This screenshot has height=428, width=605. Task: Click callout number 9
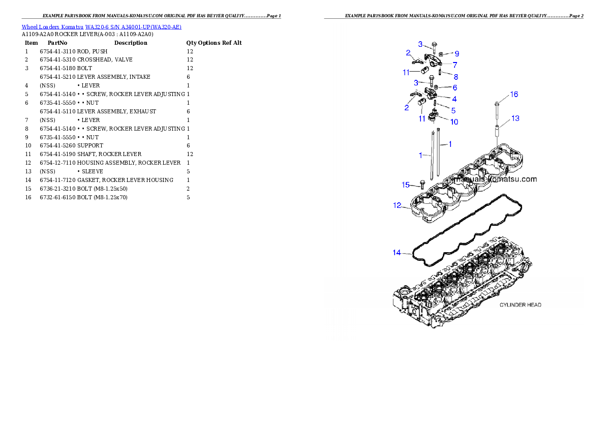coord(457,53)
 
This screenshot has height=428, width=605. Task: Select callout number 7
coord(455,65)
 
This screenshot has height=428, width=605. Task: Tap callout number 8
coord(456,77)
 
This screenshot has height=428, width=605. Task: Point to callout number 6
coord(455,87)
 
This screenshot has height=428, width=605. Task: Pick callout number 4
coord(454,99)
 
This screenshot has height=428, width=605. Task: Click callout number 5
coord(453,110)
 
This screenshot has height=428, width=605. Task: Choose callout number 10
coord(454,122)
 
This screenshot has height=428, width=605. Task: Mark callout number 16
coord(514,95)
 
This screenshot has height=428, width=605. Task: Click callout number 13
coord(515,118)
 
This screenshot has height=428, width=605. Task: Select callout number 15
coord(406,185)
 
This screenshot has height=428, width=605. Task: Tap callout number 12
coord(397,206)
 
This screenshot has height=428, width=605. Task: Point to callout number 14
coord(397,253)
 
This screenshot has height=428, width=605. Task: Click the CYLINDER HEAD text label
coord(520,305)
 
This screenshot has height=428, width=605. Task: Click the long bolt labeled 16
coord(497,112)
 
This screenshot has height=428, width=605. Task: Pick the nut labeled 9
coord(442,53)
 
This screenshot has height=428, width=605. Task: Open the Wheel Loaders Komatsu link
coord(41,27)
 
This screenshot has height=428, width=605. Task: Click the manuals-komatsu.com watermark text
coord(495,179)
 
